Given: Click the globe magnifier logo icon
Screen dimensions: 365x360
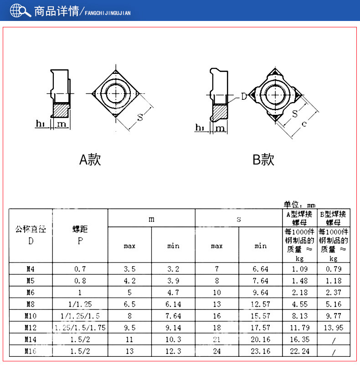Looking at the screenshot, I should coord(20,10).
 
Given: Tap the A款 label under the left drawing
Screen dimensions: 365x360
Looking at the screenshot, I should coord(90,159).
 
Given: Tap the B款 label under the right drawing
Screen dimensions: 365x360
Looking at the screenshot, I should coord(263,159).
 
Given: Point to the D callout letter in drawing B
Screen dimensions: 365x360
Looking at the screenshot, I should coord(243,97).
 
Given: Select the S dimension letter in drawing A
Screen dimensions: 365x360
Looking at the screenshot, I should coord(140,117).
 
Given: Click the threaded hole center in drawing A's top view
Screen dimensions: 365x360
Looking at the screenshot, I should coord(118,93).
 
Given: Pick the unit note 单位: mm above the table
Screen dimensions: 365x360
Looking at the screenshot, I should coord(299,205).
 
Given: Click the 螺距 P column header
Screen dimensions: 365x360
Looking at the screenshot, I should coord(80,235).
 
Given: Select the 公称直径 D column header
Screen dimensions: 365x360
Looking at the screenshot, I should coord(31,235).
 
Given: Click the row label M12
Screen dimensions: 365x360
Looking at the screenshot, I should coord(31,328).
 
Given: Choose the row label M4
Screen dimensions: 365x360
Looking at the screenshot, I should coord(31,269).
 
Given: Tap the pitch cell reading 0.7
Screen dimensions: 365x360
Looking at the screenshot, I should coord(80,269).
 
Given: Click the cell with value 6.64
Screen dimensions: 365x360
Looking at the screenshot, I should coord(261,269).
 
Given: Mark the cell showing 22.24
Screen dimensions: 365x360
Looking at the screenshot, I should coord(300,351).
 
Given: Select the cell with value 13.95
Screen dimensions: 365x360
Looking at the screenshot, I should coord(334,328).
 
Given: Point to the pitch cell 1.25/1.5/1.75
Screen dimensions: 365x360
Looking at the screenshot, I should coord(80,328).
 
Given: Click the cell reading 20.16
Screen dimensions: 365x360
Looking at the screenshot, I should coord(261,339).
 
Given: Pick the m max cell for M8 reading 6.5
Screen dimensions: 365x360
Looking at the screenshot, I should coord(129,304).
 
